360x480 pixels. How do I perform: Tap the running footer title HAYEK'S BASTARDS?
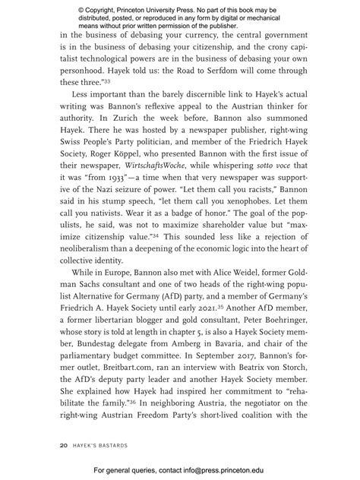tap(103, 446)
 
